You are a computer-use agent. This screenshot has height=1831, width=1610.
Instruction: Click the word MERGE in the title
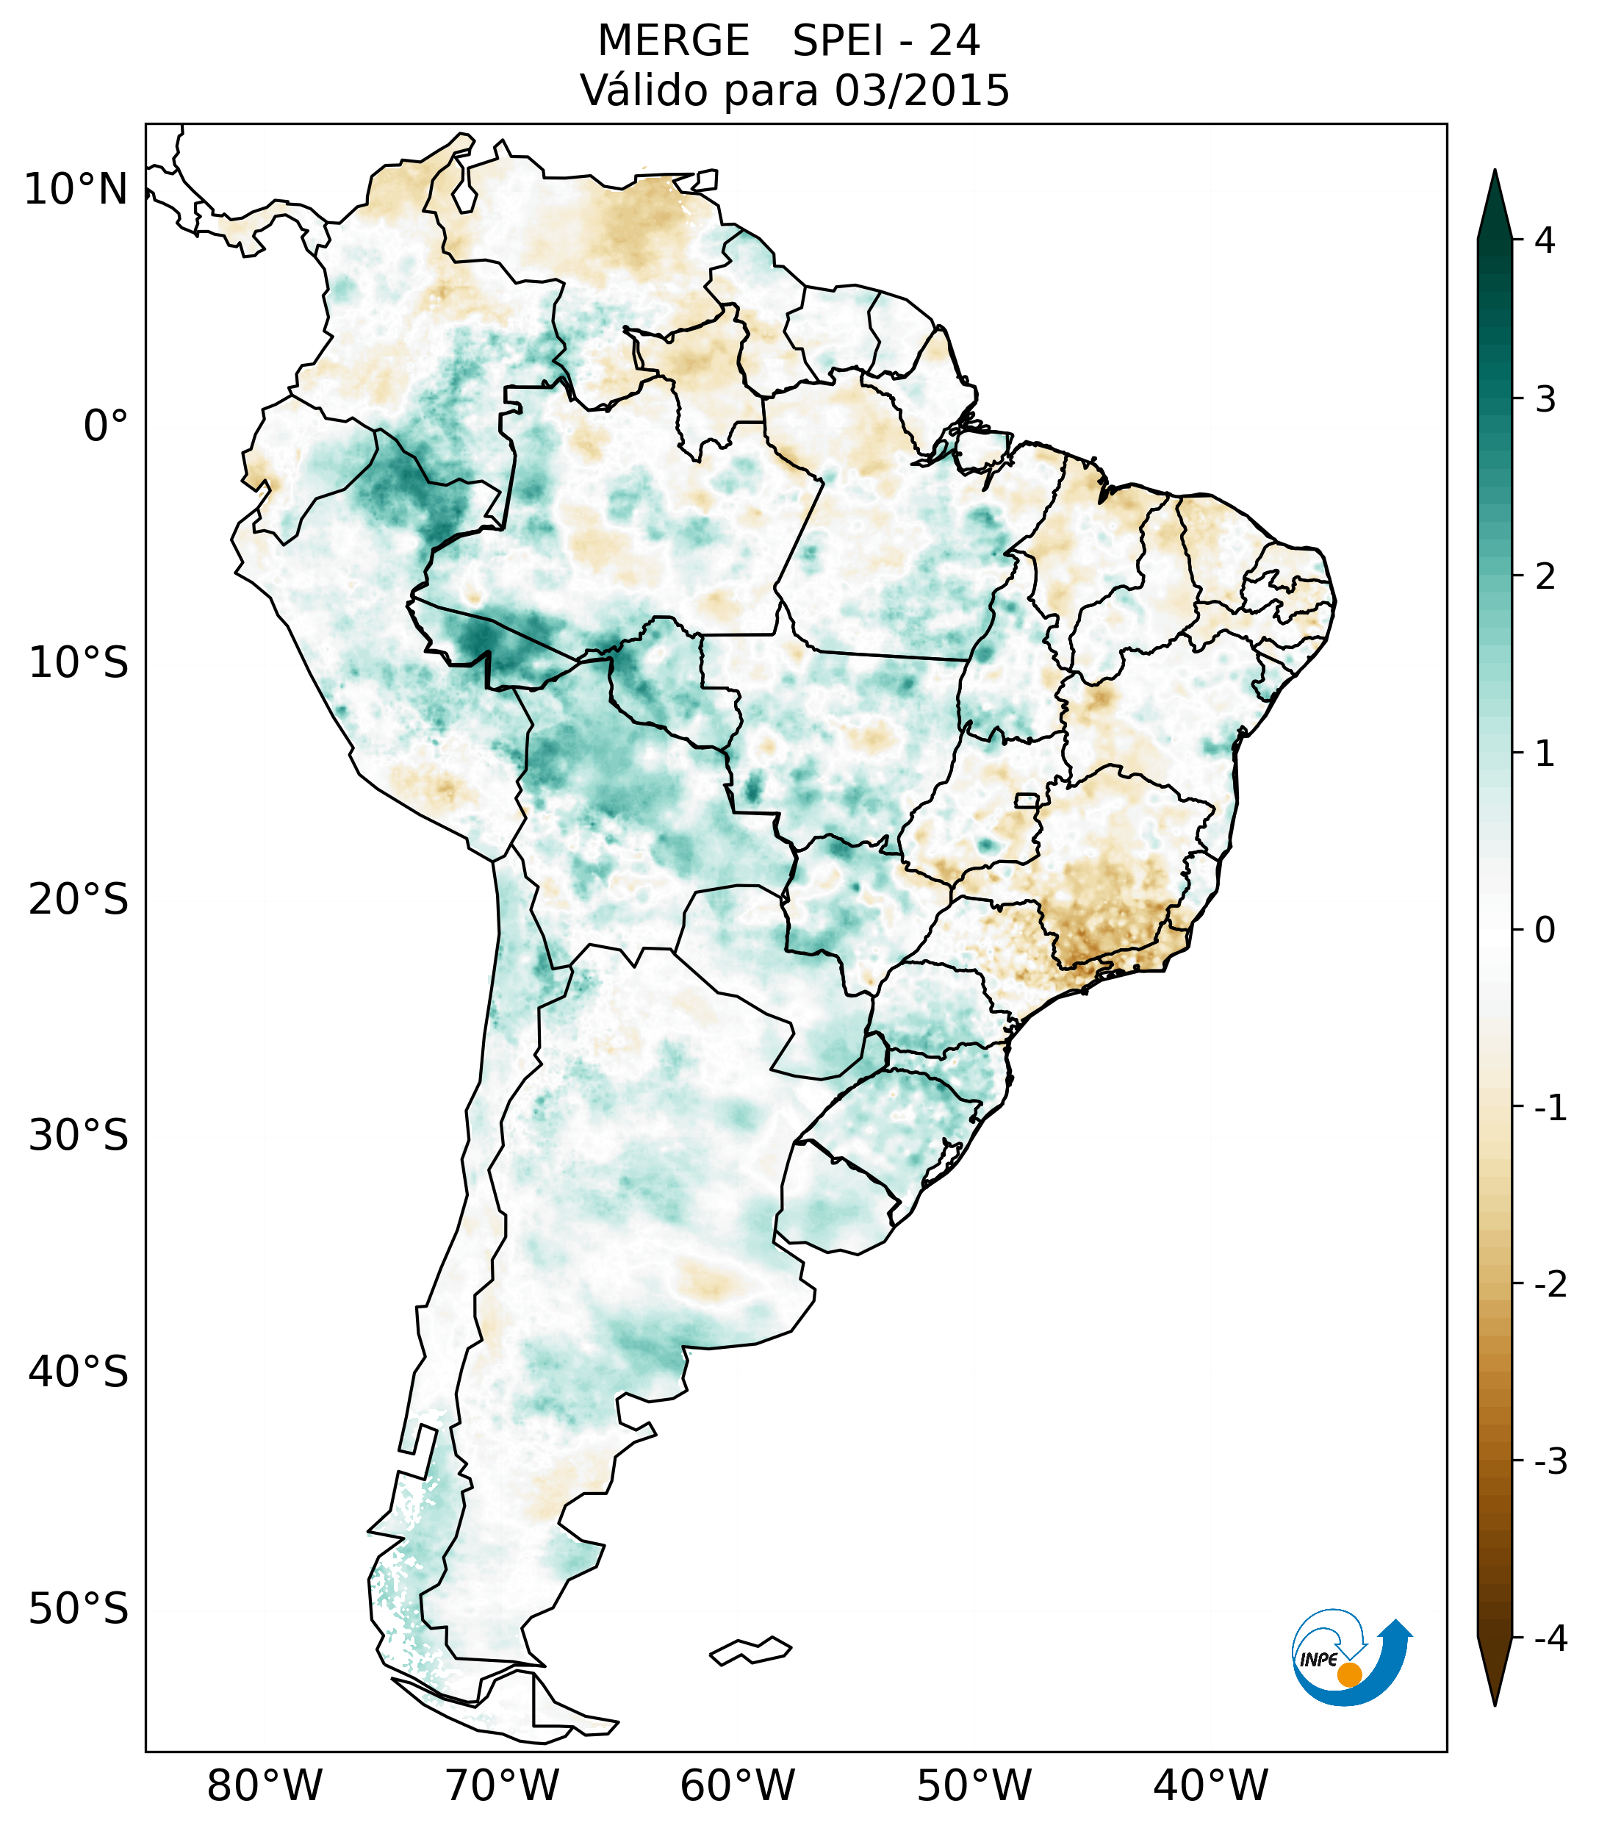[x=673, y=41]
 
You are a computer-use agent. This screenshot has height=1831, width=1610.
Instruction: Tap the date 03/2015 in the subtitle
[x=921, y=90]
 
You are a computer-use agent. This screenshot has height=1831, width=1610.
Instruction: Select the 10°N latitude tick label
[x=76, y=190]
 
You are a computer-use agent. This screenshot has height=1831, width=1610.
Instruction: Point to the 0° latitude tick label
[x=106, y=426]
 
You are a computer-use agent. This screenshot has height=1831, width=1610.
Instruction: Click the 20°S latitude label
[x=79, y=900]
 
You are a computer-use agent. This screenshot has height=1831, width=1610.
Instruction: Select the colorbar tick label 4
[x=1545, y=240]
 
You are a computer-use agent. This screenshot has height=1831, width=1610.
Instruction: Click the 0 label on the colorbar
[x=1545, y=931]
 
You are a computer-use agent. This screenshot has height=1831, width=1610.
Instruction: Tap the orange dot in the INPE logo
[x=1349, y=1674]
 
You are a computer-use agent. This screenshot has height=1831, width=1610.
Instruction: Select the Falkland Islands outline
[x=750, y=1650]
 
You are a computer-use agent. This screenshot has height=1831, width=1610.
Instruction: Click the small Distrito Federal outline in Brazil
[x=1027, y=799]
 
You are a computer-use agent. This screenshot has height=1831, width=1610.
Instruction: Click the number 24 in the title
[x=955, y=41]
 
